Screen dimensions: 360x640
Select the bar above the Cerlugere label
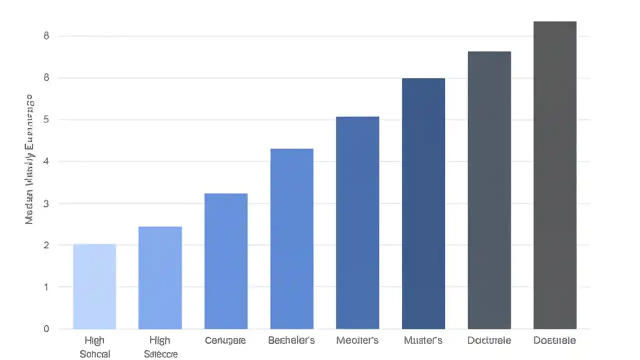(226, 261)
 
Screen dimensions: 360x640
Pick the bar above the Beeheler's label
(291, 238)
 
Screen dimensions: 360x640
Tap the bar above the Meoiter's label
(357, 222)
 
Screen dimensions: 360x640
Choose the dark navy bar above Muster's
(423, 203)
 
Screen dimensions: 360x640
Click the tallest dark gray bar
(555, 175)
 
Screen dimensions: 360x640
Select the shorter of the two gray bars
(489, 190)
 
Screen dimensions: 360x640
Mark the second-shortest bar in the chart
(160, 277)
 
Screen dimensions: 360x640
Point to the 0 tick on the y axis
(46, 328)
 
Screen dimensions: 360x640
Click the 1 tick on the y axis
(46, 287)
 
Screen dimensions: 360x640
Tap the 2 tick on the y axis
(46, 245)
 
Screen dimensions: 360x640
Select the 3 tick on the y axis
(46, 203)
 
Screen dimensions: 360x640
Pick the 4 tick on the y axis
(46, 161)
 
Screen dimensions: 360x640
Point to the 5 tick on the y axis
(46, 119)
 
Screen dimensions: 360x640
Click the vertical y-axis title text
(29, 159)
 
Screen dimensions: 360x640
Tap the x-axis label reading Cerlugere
(225, 340)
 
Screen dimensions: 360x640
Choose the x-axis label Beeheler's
(291, 340)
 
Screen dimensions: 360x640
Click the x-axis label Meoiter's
(357, 340)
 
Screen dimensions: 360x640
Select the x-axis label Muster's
(423, 340)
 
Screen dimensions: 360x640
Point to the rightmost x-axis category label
(554, 340)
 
